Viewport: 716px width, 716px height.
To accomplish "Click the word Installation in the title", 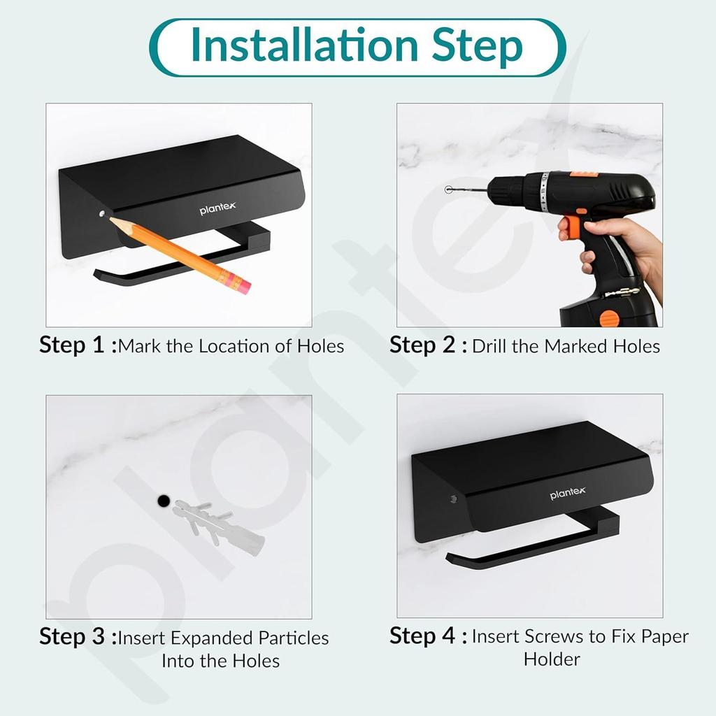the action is (x=305, y=45).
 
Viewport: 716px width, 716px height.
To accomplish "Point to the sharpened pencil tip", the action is (x=111, y=219).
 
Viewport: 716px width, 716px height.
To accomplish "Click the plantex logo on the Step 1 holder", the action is (x=217, y=208).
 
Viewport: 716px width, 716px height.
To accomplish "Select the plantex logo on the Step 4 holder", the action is (x=568, y=493).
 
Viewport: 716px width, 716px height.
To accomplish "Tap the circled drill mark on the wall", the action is (x=448, y=189).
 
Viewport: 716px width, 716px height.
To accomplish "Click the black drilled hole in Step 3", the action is (x=164, y=501).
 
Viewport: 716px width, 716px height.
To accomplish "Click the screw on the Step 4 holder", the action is (x=453, y=498).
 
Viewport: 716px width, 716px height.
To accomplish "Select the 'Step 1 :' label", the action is (x=78, y=345).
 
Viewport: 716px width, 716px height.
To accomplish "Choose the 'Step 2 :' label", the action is (x=429, y=345).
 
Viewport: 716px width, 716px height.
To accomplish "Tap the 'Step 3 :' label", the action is (x=78, y=636).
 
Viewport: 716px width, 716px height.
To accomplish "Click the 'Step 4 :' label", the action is (x=429, y=636).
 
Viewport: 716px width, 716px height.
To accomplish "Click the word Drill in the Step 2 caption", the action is (x=489, y=346).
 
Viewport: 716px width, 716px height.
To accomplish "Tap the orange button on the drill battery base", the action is (x=609, y=318).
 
